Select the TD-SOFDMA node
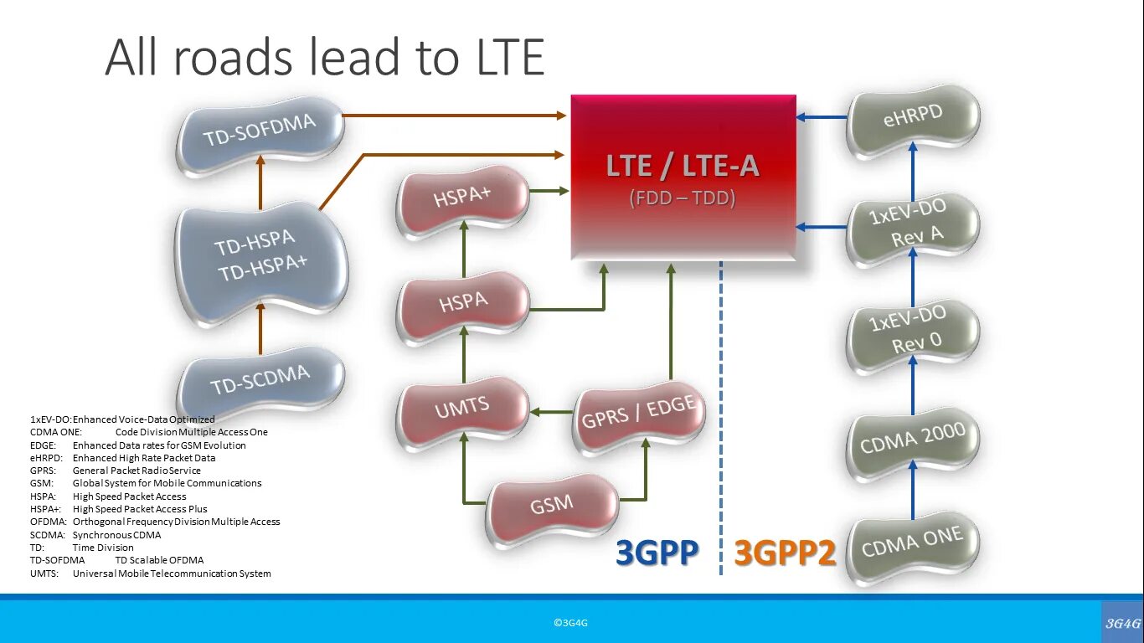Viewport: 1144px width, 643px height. pos(260,134)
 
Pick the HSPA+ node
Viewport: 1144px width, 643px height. pos(462,201)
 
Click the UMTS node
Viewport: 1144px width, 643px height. pos(462,409)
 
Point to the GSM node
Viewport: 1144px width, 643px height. pos(552,505)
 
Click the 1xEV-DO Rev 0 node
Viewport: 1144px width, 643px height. pos(912,331)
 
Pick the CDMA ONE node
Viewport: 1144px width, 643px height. pos(912,544)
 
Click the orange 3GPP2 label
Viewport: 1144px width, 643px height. pos(785,553)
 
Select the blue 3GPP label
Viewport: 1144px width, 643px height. pos(657,553)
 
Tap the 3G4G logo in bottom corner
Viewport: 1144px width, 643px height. pos(1122,622)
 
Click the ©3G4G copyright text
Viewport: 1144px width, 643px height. pos(570,623)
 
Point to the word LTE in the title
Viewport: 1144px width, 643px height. pos(502,59)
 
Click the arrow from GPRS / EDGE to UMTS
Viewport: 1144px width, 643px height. pos(553,411)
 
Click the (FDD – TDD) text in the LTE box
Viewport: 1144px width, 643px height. pos(683,198)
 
